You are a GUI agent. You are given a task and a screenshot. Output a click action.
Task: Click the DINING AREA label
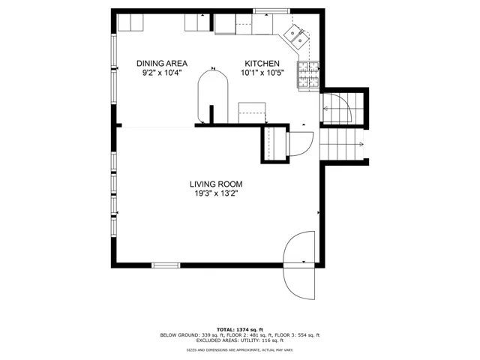click(162, 63)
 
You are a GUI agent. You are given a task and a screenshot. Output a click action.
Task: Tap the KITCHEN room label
click(262, 63)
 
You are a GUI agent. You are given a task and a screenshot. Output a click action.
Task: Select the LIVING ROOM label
click(216, 184)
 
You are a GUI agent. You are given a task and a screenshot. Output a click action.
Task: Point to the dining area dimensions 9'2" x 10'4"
click(162, 73)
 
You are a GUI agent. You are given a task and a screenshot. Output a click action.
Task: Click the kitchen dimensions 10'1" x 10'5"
click(262, 73)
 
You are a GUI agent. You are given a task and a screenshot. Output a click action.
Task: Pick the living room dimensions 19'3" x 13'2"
click(217, 193)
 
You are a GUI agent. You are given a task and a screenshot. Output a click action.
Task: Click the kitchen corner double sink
click(296, 37)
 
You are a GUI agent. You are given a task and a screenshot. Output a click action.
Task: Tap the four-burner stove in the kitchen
click(308, 75)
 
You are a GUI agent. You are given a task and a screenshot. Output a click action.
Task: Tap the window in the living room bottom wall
click(166, 265)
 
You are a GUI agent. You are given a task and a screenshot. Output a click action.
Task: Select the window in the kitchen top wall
click(271, 11)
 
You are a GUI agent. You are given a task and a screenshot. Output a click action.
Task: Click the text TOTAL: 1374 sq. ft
click(240, 330)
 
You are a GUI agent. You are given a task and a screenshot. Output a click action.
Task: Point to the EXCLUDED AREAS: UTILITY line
click(240, 340)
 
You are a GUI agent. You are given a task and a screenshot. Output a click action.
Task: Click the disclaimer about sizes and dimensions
click(240, 350)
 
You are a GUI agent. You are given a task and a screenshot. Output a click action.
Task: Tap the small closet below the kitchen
click(275, 143)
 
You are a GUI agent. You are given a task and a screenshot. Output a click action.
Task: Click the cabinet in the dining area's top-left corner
click(130, 22)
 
